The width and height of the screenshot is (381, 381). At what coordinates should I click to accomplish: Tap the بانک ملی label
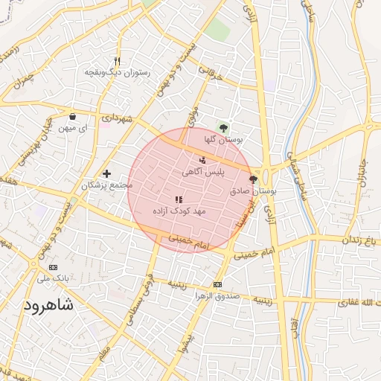[x=52, y=279]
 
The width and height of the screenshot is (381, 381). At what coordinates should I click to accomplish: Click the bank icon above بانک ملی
[x=52, y=267]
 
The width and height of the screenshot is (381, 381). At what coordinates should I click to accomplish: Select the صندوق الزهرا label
[x=217, y=296]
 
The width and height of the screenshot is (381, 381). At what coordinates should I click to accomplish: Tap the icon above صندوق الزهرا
[x=217, y=284]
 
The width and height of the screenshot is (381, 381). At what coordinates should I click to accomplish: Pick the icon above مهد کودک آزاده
[x=178, y=199]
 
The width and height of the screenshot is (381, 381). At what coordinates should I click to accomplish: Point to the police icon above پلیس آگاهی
[x=202, y=159]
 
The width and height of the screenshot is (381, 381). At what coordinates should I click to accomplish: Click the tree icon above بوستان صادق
[x=253, y=179]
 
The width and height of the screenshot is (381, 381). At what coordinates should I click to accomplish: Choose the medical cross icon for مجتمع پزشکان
[x=106, y=173]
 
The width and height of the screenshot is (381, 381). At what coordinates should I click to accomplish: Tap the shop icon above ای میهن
[x=73, y=116]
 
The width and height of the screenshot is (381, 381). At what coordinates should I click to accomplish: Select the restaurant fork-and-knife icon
[x=118, y=61]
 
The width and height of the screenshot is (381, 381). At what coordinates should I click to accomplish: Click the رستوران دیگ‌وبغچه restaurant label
[x=118, y=73]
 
